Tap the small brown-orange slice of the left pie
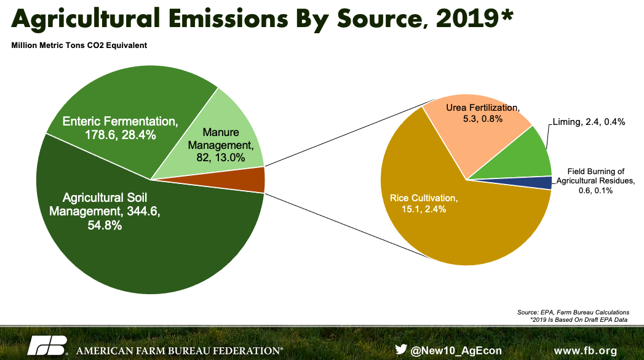(255, 180)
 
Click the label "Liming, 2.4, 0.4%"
(589, 122)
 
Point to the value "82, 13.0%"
(219, 158)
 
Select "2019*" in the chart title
(474, 20)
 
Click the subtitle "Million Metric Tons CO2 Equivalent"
(79, 46)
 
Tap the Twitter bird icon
(401, 349)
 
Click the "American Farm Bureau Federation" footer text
(179, 351)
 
